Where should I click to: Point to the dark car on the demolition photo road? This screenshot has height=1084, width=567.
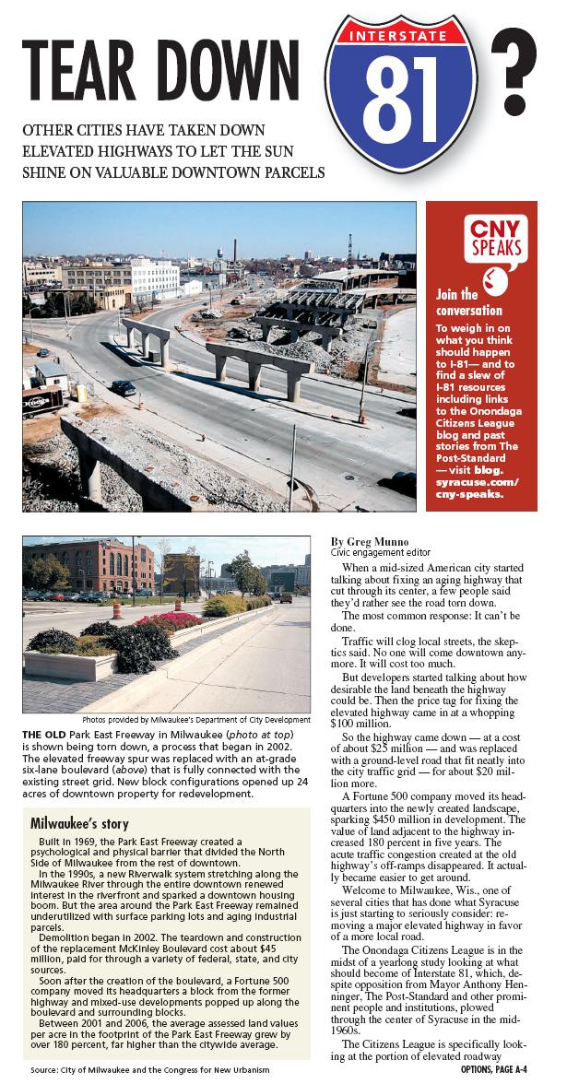[x=124, y=388]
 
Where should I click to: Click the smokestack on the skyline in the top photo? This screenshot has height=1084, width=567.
[x=235, y=253]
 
